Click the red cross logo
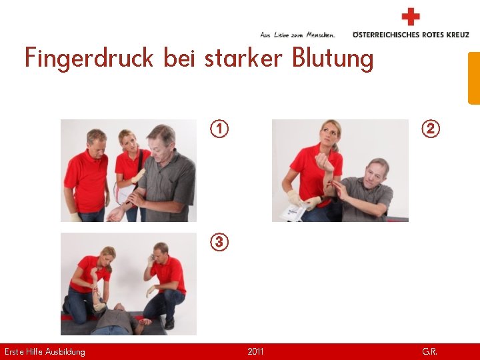pos(411,17)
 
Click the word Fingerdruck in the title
pos(89,58)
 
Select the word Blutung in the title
pos(333,58)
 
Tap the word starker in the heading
pos(243,57)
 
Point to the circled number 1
pos(219,129)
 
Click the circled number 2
pos(431,129)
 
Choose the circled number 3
pos(219,242)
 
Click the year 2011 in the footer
pos(255,351)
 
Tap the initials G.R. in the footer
pos(429,351)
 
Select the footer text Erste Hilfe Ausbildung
pos(45,352)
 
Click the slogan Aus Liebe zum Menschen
pos(297,35)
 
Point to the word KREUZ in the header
pos(457,35)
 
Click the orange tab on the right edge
pos(474,79)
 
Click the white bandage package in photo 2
pos(293,212)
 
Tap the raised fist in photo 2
pos(325,162)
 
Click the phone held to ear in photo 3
pos(152,259)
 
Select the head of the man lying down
pos(119,307)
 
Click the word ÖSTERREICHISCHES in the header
pos(386,34)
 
